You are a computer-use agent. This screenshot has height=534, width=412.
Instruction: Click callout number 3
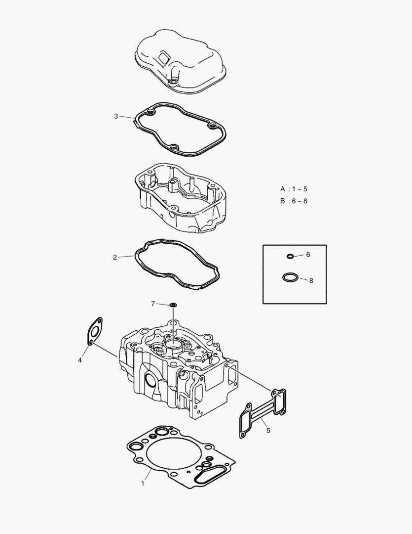point(116,117)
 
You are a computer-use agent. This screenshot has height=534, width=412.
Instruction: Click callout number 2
point(114,257)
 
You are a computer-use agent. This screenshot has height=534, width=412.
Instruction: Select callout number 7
point(153,303)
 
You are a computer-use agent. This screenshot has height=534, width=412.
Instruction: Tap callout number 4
point(80,360)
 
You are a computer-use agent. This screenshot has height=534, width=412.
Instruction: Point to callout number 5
point(268,430)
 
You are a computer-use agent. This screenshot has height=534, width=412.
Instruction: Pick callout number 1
point(143,483)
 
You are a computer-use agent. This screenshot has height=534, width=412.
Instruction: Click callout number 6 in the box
point(308,255)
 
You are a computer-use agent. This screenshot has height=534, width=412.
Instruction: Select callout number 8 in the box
point(311,280)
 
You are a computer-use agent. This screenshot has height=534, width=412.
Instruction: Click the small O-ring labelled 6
point(290,256)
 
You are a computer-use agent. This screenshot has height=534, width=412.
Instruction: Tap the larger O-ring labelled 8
point(290,277)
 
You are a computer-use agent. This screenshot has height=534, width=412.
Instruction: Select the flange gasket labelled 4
point(95,330)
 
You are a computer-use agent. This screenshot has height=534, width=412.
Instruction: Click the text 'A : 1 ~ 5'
point(294,189)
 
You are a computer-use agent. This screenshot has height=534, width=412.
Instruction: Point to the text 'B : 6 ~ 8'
point(294,201)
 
